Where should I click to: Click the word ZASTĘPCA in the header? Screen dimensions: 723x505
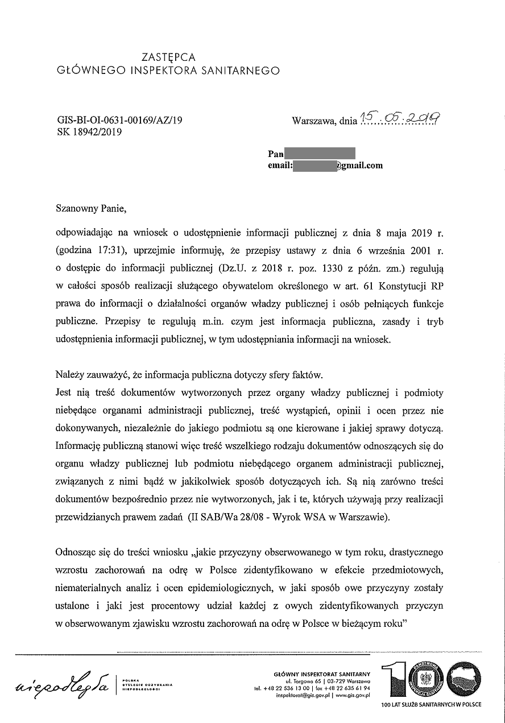coord(168,57)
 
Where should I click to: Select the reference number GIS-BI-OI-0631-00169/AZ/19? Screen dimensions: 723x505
coord(120,120)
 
